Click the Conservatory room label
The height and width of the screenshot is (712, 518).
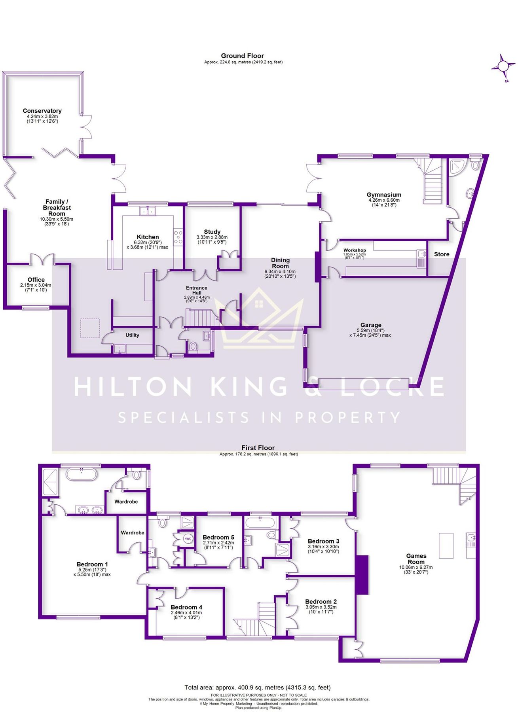tap(42, 111)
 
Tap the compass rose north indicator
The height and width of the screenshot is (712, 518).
tap(503, 66)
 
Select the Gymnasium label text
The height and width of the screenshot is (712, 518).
tap(383, 195)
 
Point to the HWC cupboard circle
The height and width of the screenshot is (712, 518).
tap(188, 539)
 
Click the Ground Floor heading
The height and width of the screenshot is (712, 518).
tap(242, 56)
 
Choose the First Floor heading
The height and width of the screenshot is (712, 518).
tap(258, 448)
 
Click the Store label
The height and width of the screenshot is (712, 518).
tap(441, 254)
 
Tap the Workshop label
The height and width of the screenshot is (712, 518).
tap(354, 250)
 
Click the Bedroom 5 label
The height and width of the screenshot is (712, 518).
tap(218, 537)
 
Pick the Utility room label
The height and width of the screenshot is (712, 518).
tap(132, 335)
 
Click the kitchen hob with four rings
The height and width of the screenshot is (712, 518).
tap(178, 237)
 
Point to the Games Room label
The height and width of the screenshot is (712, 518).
tap(416, 559)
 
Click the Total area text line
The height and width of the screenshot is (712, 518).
tap(257, 687)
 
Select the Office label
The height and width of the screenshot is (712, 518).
tap(36, 280)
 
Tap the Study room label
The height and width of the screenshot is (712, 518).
tap(212, 232)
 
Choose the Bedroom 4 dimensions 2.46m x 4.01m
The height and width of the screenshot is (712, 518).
tap(186, 613)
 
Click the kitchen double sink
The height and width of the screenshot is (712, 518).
tap(148, 211)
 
